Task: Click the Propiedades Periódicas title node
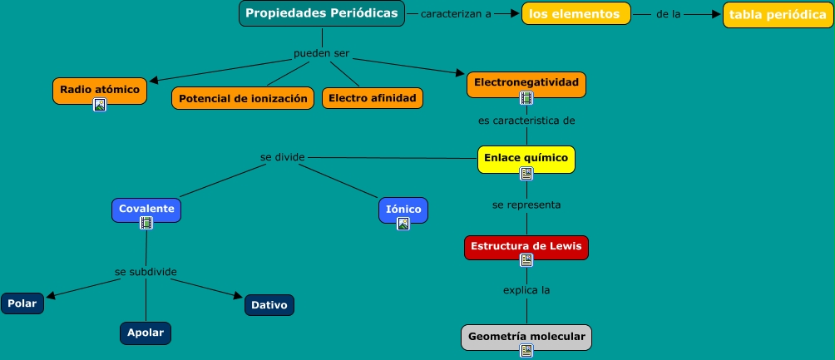click(x=322, y=13)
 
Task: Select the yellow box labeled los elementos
click(x=576, y=14)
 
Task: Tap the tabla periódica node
click(x=778, y=15)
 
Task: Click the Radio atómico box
click(x=100, y=91)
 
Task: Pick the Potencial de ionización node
click(x=243, y=98)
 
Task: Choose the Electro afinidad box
click(x=373, y=98)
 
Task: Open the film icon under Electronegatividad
click(x=526, y=98)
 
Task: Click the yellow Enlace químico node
click(x=526, y=160)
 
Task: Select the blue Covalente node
click(x=146, y=210)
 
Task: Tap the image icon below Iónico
click(x=403, y=224)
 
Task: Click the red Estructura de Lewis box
click(x=526, y=248)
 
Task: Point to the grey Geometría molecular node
click(x=526, y=338)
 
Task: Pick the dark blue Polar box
click(x=22, y=303)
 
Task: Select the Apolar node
click(x=146, y=333)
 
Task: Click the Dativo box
click(x=269, y=305)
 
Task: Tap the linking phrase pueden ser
click(x=322, y=54)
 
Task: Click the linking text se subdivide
click(x=146, y=272)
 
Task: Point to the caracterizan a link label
click(x=456, y=14)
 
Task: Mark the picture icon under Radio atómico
click(x=100, y=105)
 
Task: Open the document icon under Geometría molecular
click(x=526, y=350)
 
